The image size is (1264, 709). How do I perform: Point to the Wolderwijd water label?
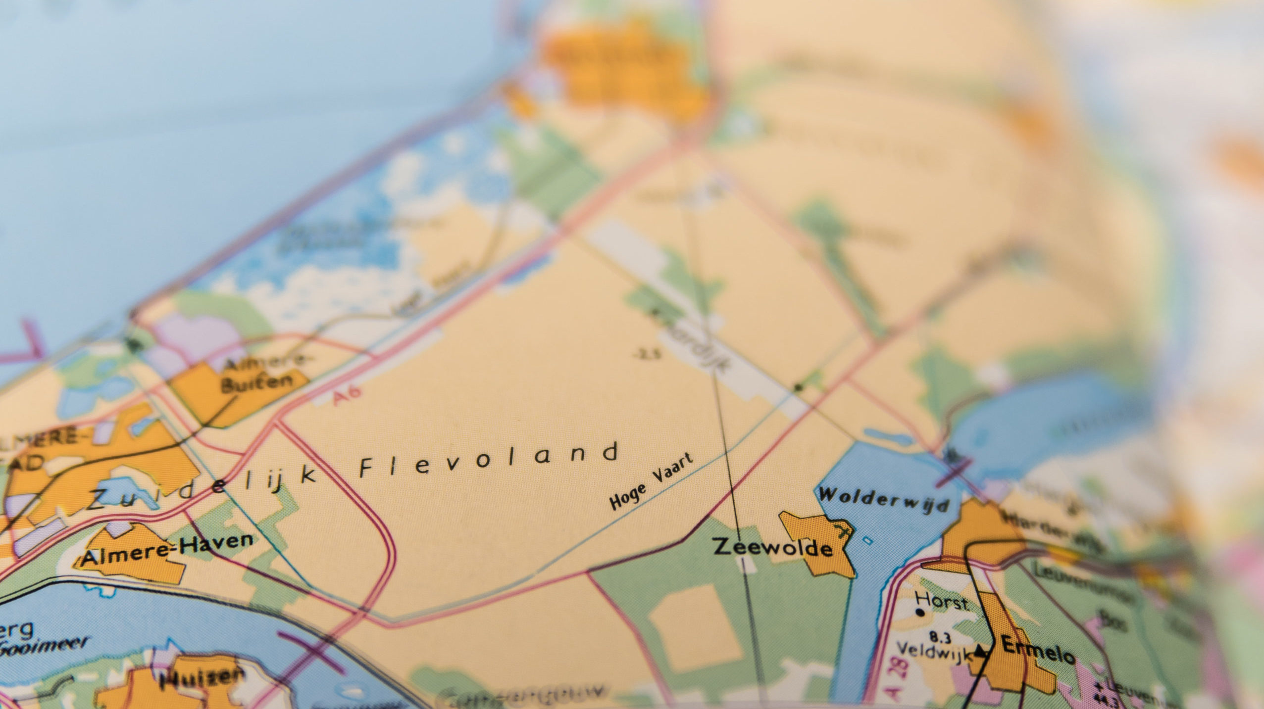(884, 500)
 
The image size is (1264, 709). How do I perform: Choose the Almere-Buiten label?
(262, 374)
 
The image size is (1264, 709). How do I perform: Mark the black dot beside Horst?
(920, 613)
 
